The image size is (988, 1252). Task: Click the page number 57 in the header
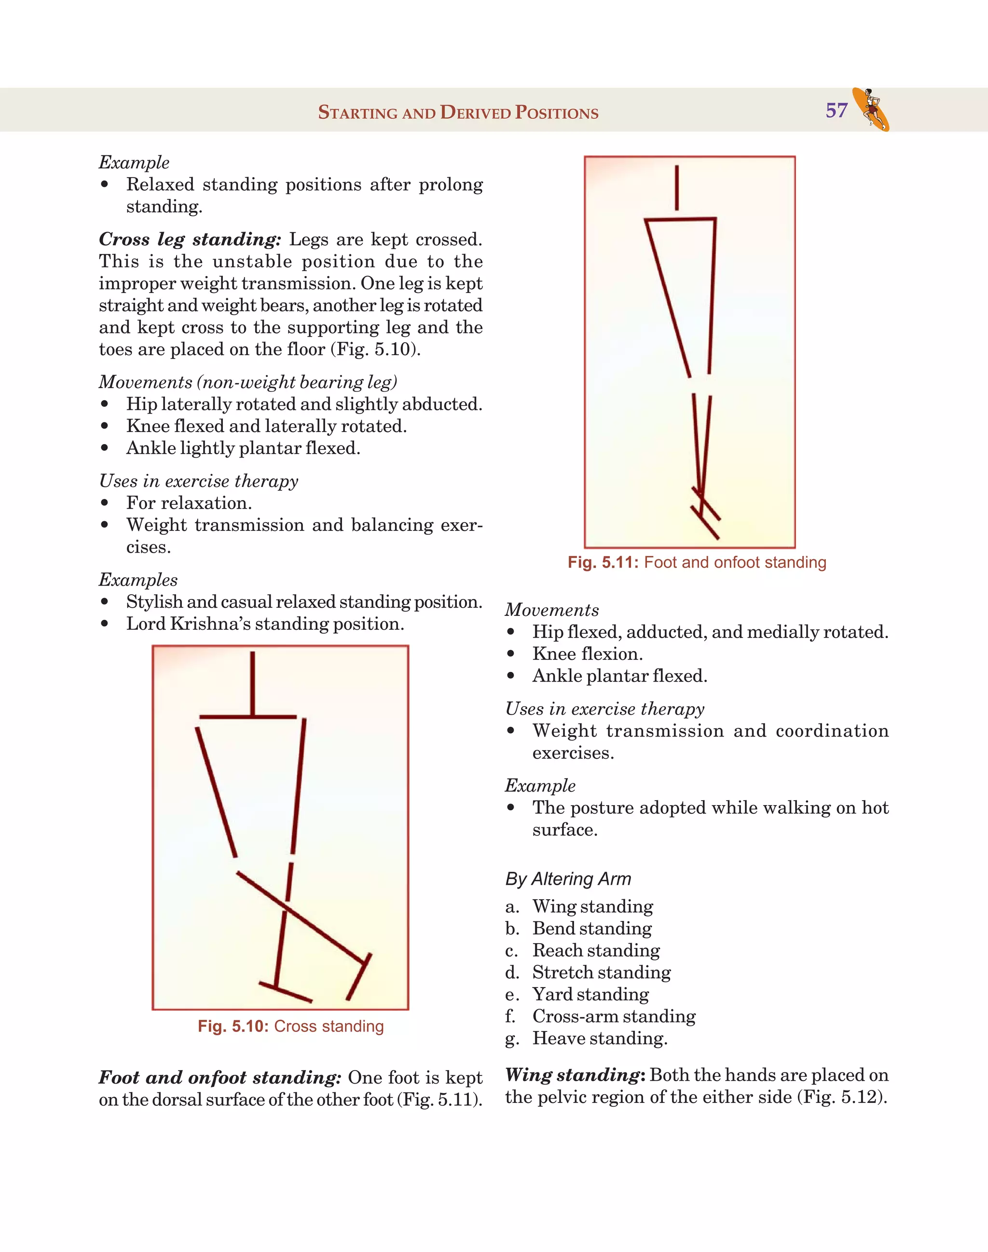pos(837,111)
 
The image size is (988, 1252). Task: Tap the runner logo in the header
pos(871,110)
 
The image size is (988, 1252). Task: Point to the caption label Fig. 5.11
pos(603,562)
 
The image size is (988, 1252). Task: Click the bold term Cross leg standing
pos(190,239)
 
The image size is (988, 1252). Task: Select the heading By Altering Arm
pos(567,878)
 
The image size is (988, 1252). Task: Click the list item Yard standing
pos(590,994)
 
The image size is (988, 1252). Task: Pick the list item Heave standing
pos(599,1038)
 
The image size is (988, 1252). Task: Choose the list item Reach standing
pos(596,950)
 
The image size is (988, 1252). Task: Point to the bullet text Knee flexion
pos(587,654)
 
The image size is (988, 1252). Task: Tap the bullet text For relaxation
pos(189,503)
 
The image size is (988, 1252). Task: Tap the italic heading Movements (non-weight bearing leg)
pos(247,382)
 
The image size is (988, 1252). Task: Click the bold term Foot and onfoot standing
pos(220,1078)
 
